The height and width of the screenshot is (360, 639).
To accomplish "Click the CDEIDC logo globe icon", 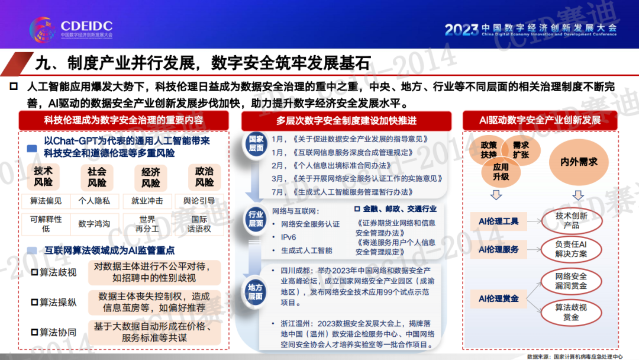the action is (43, 29).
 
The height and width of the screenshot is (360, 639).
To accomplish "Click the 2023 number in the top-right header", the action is (461, 30).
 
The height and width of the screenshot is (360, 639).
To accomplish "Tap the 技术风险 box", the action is (43, 176).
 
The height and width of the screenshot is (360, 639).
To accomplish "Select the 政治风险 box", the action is (204, 177).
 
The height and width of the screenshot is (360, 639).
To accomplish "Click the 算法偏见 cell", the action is (46, 201).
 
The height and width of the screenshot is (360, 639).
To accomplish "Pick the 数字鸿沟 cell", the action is (94, 224).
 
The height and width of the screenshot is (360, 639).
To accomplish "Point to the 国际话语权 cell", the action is (199, 224).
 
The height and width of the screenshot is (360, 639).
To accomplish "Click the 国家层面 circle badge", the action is (256, 143).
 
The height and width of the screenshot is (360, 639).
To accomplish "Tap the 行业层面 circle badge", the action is (256, 219).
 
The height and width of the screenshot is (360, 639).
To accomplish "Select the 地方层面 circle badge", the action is (255, 292).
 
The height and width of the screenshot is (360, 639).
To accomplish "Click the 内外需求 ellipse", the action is (579, 162).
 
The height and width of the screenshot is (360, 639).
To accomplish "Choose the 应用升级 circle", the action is (501, 172).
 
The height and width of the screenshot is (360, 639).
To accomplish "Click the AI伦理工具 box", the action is (498, 221).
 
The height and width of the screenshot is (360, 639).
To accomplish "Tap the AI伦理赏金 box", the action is (498, 299).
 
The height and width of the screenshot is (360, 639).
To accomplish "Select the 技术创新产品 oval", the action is (572, 221).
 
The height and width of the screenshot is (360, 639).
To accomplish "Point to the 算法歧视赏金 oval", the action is (572, 313).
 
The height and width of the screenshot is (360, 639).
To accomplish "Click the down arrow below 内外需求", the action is (578, 195).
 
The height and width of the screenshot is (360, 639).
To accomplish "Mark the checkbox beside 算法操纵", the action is (35, 303).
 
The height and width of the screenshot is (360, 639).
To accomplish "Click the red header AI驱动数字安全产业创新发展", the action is (540, 120).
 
